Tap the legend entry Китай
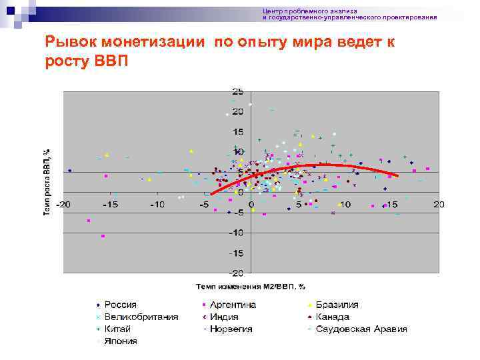(x=117, y=329)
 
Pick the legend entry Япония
(x=120, y=341)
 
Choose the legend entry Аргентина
(x=233, y=305)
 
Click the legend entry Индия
(x=226, y=317)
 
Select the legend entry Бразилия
(x=337, y=305)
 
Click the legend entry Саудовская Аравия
(x=361, y=329)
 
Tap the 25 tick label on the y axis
(x=237, y=91)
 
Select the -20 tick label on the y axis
(x=236, y=273)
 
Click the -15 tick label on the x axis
(x=111, y=204)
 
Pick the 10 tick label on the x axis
(x=345, y=204)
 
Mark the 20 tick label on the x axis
(x=438, y=204)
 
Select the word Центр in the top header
(x=272, y=11)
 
